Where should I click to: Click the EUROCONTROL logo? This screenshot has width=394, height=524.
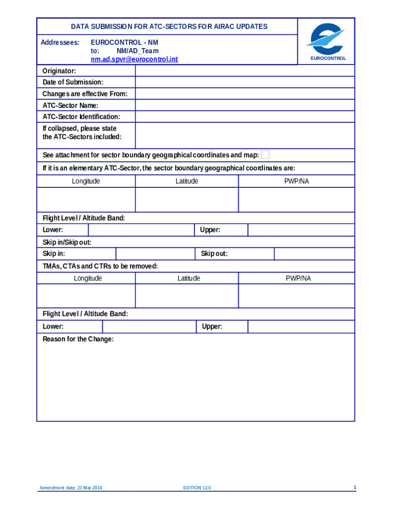(x=326, y=41)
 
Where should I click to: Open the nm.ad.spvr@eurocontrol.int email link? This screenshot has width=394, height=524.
(x=134, y=60)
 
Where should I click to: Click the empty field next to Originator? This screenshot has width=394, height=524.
(x=245, y=71)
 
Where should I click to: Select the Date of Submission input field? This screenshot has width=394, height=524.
(x=245, y=82)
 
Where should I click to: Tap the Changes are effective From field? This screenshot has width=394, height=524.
(x=245, y=94)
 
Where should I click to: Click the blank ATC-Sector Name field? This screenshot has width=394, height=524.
(x=245, y=105)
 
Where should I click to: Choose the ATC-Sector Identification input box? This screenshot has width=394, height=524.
(x=245, y=117)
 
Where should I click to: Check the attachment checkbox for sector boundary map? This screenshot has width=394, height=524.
(x=265, y=155)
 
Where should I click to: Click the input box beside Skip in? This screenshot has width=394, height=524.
(x=156, y=254)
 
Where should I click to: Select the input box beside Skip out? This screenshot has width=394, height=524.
(x=314, y=254)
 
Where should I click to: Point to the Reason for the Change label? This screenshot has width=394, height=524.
(x=78, y=339)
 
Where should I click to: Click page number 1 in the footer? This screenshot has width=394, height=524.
(x=354, y=488)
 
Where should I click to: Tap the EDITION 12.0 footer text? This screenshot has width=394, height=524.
(x=197, y=488)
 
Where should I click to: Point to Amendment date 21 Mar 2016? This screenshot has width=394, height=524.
(x=71, y=488)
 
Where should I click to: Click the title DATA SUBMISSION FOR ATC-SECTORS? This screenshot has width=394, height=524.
(x=169, y=27)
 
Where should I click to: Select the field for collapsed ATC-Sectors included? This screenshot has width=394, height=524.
(x=245, y=135)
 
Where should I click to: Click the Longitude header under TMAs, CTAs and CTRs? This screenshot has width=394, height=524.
(x=87, y=278)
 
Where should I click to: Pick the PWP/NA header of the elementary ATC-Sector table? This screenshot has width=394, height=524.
(x=296, y=181)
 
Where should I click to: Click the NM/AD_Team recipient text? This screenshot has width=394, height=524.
(x=137, y=51)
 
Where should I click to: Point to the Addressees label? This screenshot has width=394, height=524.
(x=60, y=42)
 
